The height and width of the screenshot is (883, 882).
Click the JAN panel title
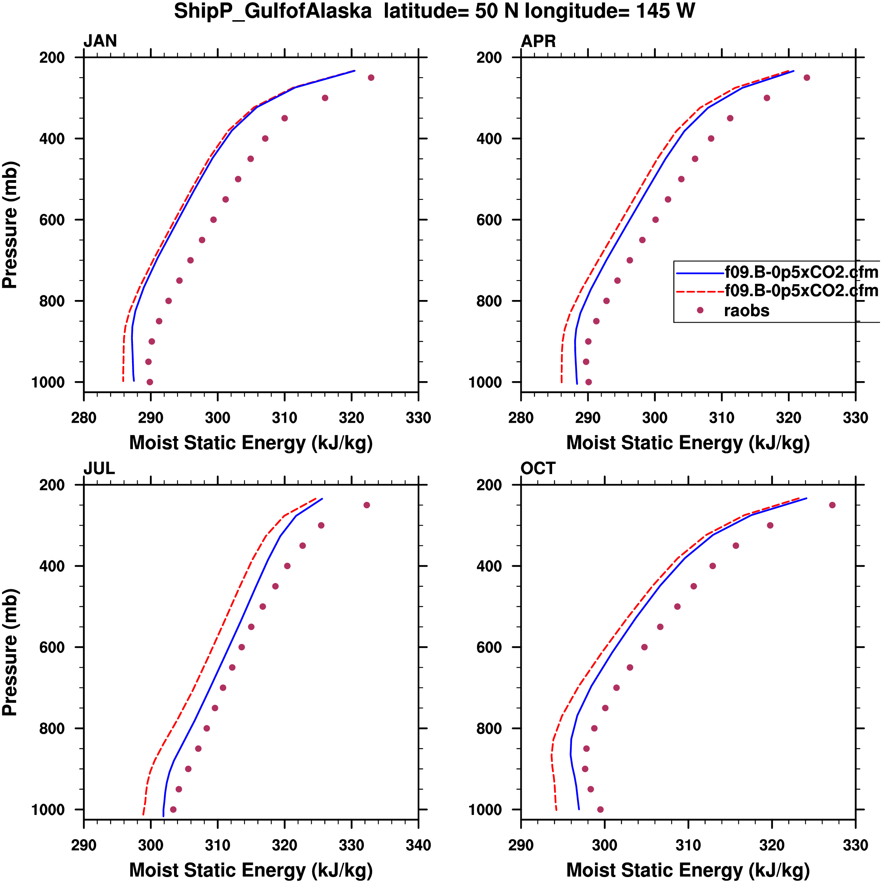(100, 41)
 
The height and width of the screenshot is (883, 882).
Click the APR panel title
(538, 41)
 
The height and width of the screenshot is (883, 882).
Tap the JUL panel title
(99, 469)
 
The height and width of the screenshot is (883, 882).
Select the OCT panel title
(538, 469)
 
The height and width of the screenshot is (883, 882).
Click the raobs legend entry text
(746, 311)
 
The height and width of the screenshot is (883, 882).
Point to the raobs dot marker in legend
(700, 310)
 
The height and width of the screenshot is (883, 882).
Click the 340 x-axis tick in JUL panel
(418, 845)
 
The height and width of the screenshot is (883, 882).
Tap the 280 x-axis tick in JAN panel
(83, 418)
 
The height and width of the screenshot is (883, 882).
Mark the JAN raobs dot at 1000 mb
(150, 382)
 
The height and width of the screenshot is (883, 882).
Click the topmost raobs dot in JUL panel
(366, 505)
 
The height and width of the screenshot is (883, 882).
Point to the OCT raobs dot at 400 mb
(713, 566)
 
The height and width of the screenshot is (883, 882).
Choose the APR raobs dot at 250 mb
(806, 78)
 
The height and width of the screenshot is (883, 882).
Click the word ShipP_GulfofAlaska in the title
(273, 11)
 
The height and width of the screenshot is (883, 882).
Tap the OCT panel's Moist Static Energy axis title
(688, 870)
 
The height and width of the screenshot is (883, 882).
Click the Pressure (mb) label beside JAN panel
(10, 224)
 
